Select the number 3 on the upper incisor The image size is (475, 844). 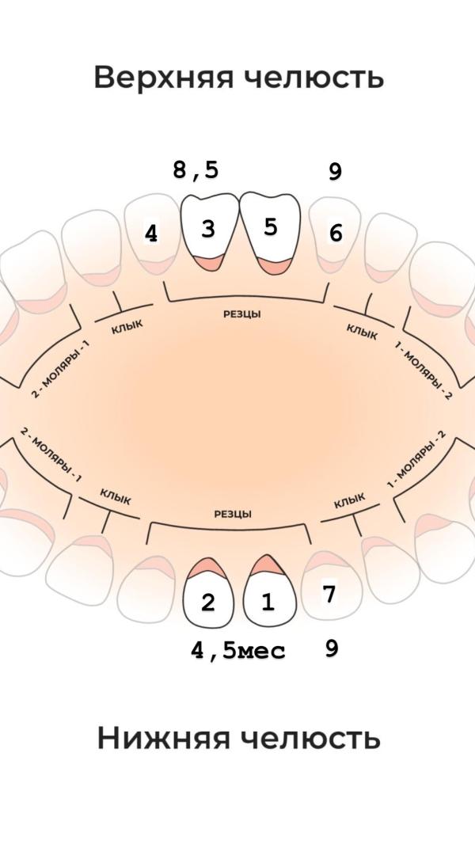(207, 229)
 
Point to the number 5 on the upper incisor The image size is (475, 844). (271, 227)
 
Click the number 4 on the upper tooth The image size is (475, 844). (150, 234)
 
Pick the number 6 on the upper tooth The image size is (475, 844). (336, 234)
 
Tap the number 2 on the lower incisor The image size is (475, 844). (207, 603)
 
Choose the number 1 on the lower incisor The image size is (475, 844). (268, 603)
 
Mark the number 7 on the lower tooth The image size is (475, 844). (329, 595)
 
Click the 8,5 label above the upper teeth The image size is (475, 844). (196, 170)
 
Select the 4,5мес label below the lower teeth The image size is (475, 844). (237, 652)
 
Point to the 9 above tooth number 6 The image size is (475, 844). (335, 172)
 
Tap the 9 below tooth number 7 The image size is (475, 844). (332, 649)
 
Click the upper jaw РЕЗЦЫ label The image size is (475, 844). (242, 314)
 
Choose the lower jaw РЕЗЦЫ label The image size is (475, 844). (233, 514)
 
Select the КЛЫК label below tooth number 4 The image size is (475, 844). (127, 325)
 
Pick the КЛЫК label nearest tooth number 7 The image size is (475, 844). (349, 500)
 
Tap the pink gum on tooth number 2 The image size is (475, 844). (207, 567)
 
